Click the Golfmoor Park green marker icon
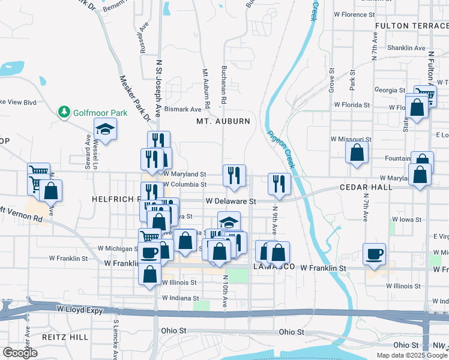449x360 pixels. (x=64, y=112)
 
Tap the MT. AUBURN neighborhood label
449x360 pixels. (x=223, y=121)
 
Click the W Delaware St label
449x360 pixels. (x=231, y=202)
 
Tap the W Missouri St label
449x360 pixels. (x=351, y=139)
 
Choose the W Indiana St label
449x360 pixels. (x=179, y=298)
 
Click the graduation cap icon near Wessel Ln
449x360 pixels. (x=106, y=129)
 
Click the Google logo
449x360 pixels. (x=20, y=353)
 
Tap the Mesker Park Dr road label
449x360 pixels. (x=133, y=97)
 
